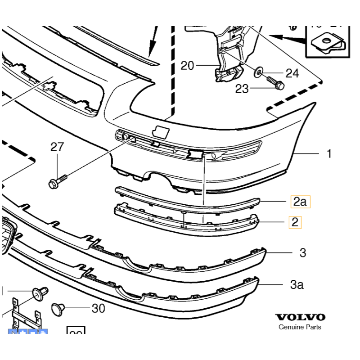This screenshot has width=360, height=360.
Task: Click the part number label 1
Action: coord(329,154)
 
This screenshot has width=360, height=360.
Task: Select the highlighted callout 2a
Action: coord(300,202)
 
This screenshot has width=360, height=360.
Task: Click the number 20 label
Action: coord(187,66)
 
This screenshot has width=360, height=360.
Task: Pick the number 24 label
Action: coord(292,73)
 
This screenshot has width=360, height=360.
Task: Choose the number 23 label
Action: coord(242,89)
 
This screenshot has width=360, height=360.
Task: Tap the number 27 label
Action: coord(57,147)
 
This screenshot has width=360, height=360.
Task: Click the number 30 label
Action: coord(98,308)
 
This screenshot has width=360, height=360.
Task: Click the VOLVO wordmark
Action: coord(300,317)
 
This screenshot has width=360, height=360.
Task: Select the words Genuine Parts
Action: coord(300,327)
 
